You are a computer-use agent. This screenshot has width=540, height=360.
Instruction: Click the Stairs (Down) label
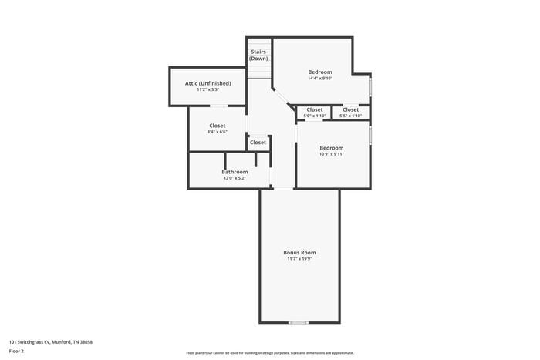[258, 55]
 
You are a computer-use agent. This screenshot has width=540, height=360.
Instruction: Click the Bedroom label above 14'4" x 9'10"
[319, 72]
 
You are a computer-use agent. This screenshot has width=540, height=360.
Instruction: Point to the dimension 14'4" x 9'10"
[319, 78]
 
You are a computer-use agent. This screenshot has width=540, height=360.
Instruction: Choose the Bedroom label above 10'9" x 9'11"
[332, 147]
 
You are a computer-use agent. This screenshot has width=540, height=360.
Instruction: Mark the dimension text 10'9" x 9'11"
[332, 153]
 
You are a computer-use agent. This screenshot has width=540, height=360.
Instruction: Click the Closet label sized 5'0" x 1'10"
[315, 109]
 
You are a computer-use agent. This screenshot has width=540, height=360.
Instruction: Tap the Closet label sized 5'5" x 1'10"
[350, 109]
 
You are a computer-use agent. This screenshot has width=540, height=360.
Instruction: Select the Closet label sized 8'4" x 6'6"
[218, 125]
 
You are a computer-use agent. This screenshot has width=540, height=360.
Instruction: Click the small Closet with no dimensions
[258, 142]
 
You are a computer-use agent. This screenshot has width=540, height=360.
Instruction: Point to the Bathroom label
[235, 171]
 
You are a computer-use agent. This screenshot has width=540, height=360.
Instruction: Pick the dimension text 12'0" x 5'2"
[235, 178]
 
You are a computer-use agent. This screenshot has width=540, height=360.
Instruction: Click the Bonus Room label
[299, 252]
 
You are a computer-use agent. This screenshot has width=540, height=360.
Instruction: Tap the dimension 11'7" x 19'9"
[299, 259]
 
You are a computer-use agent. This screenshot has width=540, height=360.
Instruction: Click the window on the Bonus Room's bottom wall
[298, 322]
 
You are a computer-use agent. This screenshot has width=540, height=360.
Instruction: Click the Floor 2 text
[16, 351]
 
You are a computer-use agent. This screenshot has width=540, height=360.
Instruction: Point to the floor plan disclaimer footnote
[269, 352]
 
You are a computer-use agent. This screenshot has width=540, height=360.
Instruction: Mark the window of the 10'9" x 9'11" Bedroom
[370, 135]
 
